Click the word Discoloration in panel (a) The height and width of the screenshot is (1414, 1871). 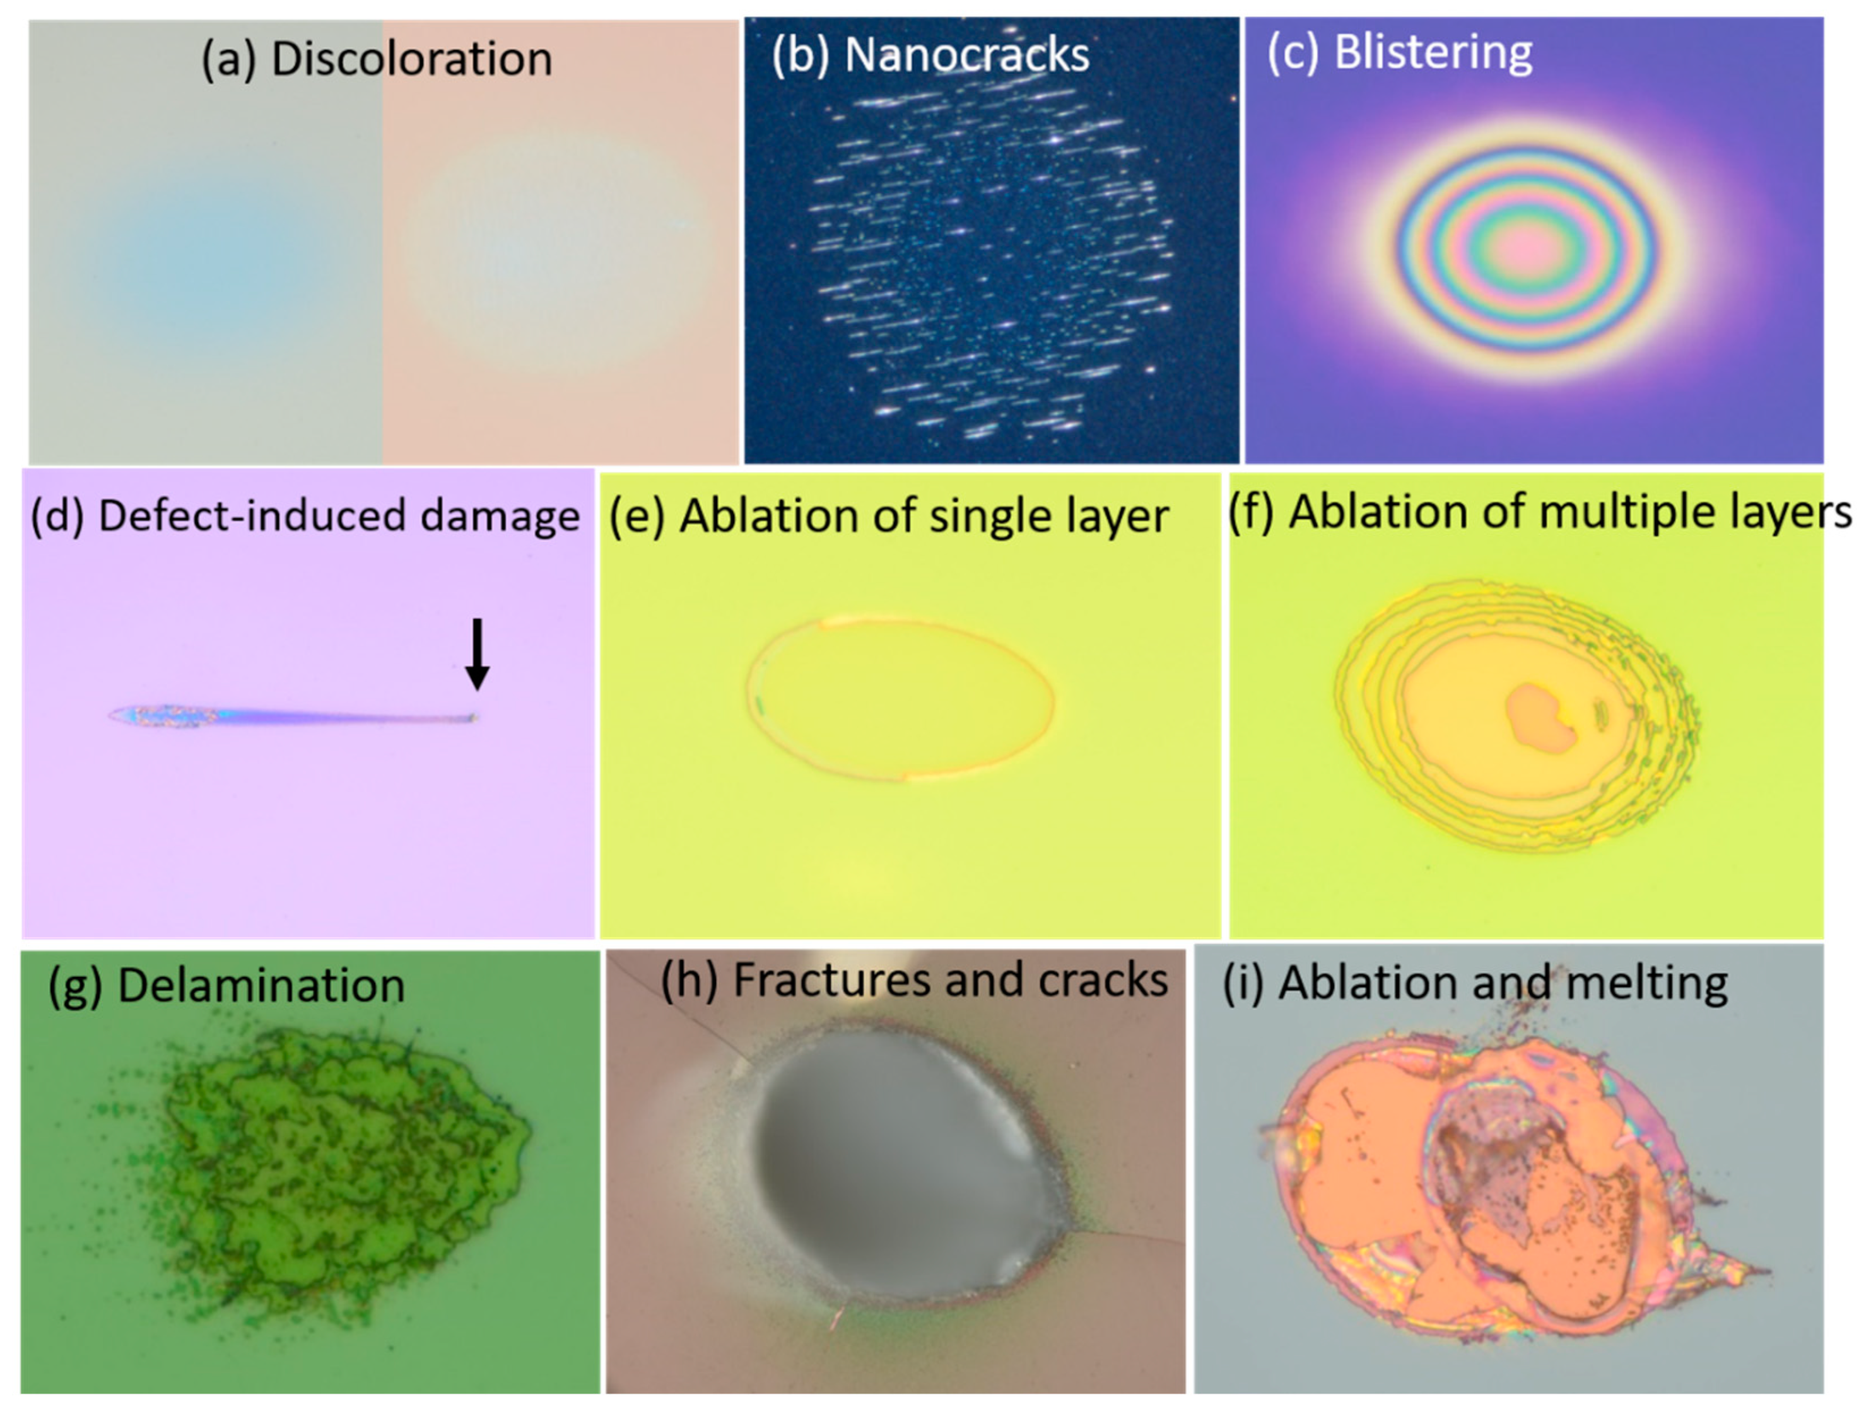pos(411,59)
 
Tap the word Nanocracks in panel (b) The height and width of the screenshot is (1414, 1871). pos(967,56)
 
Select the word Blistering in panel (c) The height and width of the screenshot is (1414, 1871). pos(1433,52)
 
